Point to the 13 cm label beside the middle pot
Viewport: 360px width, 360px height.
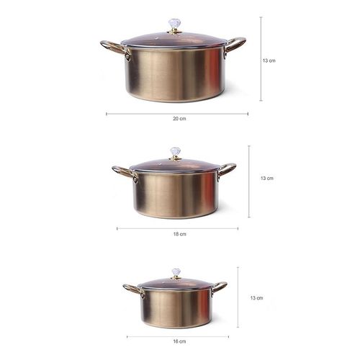click(266, 178)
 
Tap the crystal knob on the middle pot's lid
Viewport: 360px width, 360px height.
click(174, 152)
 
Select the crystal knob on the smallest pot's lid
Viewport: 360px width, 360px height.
click(175, 273)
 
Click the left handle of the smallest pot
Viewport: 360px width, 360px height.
click(131, 289)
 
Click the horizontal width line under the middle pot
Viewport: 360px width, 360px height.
click(177, 228)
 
